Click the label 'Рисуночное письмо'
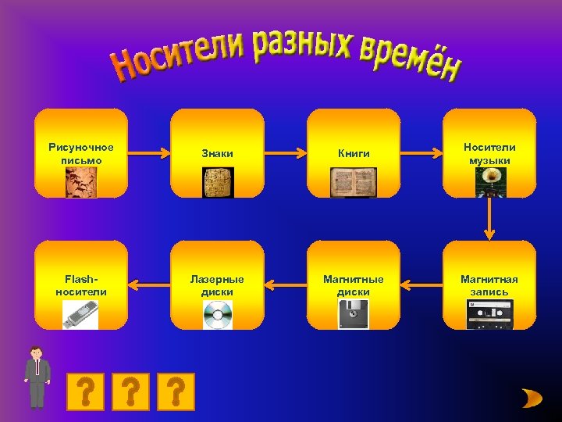81,153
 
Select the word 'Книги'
354,154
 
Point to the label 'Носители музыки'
489,153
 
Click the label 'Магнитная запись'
489,285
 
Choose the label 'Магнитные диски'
354,285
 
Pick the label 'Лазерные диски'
217,285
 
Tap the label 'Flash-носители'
81,285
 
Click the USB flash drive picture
80,314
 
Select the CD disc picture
217,314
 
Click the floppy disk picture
353,314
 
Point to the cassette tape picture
489,314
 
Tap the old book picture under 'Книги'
353,182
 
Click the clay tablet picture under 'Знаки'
217,182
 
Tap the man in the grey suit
36,377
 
